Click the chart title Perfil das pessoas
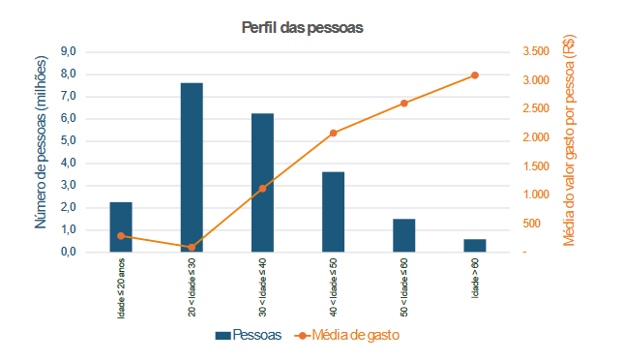pyautogui.click(x=302, y=27)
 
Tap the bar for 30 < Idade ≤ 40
pyautogui.click(x=262, y=183)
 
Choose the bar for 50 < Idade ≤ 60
pyautogui.click(x=403, y=235)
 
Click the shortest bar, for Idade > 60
pyautogui.click(x=475, y=246)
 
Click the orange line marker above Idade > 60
pyautogui.click(x=475, y=75)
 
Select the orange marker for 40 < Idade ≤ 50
pyautogui.click(x=333, y=133)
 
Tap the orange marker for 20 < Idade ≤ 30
pyautogui.click(x=192, y=247)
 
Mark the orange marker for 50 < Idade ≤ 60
pyautogui.click(x=403, y=103)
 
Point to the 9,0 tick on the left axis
pyautogui.click(x=69, y=51)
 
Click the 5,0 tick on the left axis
pyautogui.click(x=69, y=140)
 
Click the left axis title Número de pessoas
pyautogui.click(x=42, y=143)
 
